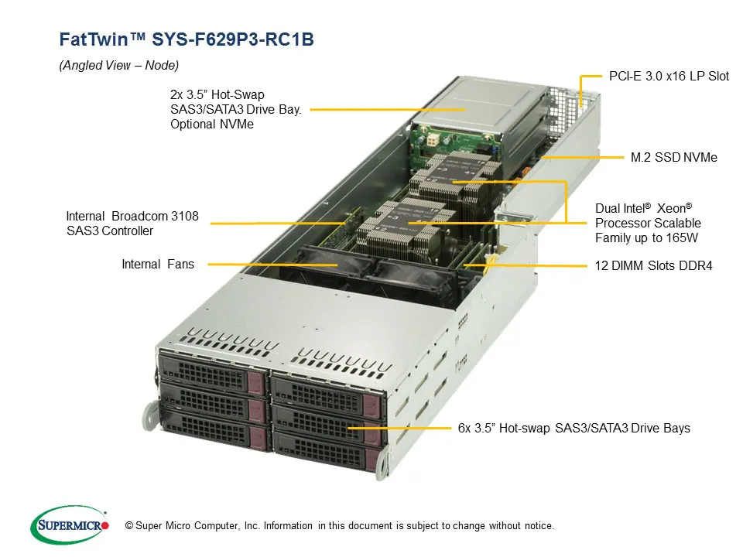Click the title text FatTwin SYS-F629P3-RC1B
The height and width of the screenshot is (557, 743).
[187, 39]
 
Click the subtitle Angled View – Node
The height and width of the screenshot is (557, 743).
[118, 66]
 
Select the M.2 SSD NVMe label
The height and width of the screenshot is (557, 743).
[673, 158]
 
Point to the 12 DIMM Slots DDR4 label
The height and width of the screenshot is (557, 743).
[653, 266]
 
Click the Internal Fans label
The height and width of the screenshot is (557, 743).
[158, 265]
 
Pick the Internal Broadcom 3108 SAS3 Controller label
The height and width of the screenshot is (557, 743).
[132, 224]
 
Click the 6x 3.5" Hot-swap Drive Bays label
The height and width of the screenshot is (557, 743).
[574, 428]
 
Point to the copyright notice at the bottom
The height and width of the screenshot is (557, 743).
[340, 526]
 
